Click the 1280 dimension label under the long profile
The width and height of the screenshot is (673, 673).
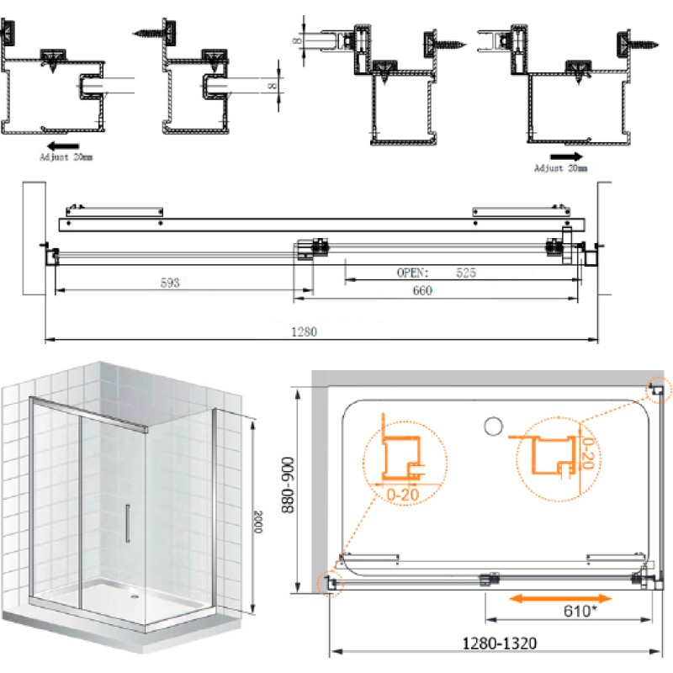click(304, 331)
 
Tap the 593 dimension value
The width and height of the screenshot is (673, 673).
click(170, 283)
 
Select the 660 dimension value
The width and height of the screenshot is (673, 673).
click(422, 290)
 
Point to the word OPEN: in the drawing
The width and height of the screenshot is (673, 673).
click(412, 273)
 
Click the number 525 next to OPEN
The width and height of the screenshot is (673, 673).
click(466, 273)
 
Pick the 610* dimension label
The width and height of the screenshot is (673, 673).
click(580, 611)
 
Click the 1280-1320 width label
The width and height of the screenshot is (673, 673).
click(499, 644)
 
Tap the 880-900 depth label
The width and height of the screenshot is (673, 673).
click(287, 485)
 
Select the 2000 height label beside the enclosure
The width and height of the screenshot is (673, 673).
click(257, 522)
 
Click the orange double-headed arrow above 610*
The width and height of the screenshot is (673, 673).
click(560, 598)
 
